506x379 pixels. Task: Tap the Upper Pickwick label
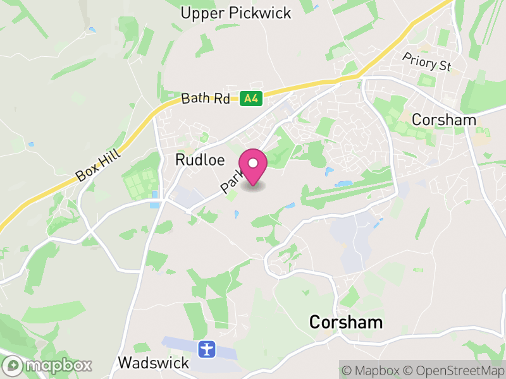(x=235, y=13)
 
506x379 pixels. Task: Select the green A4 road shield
(x=251, y=98)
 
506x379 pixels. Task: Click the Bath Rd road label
(x=205, y=99)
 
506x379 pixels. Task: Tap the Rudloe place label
(x=195, y=160)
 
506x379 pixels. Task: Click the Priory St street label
(x=428, y=61)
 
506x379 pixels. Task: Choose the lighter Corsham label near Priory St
(x=443, y=119)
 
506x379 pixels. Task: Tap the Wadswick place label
(x=154, y=363)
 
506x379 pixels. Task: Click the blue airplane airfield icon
(x=206, y=348)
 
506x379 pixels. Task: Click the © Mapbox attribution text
(x=372, y=369)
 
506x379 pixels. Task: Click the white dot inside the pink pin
(x=253, y=163)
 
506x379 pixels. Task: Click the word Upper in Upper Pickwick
(x=199, y=13)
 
